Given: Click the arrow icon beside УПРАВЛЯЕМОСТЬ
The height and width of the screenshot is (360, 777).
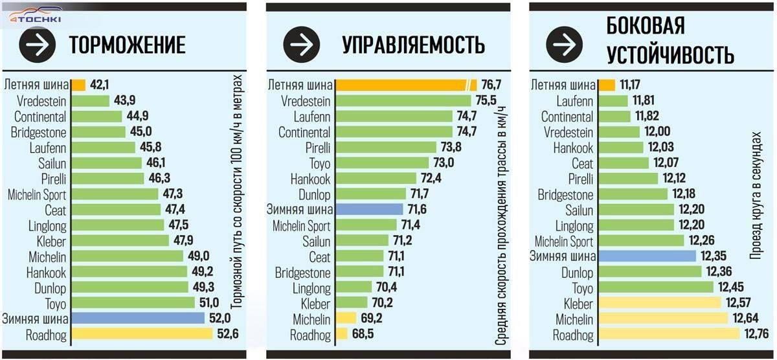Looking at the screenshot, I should point(304,44).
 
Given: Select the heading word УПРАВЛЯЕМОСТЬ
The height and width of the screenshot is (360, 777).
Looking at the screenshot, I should point(414,45).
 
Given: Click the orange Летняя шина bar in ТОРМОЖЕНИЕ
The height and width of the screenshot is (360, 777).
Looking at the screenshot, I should point(78,85).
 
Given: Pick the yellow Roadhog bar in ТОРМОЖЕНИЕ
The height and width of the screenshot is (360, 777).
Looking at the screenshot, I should point(142,334).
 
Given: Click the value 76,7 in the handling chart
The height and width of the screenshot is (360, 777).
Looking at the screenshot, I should point(491,85).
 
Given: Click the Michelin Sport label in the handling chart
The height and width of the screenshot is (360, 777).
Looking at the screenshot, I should point(301,225).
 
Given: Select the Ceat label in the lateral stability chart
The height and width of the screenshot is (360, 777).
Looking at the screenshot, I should point(582,163).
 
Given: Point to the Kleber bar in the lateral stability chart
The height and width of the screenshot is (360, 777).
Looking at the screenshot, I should point(659,303).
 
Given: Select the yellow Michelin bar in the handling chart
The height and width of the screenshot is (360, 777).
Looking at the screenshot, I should point(346,319).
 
